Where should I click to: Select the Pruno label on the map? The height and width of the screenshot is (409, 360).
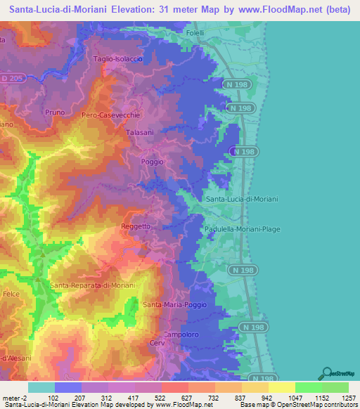(x=53, y=112)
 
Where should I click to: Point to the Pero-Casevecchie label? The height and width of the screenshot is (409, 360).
(x=111, y=115)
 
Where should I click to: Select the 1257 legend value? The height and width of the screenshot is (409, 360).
(x=340, y=397)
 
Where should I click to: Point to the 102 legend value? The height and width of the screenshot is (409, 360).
(x=53, y=397)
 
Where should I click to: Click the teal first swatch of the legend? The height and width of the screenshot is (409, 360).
(x=41, y=387)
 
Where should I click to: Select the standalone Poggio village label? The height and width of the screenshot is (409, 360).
(x=152, y=162)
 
